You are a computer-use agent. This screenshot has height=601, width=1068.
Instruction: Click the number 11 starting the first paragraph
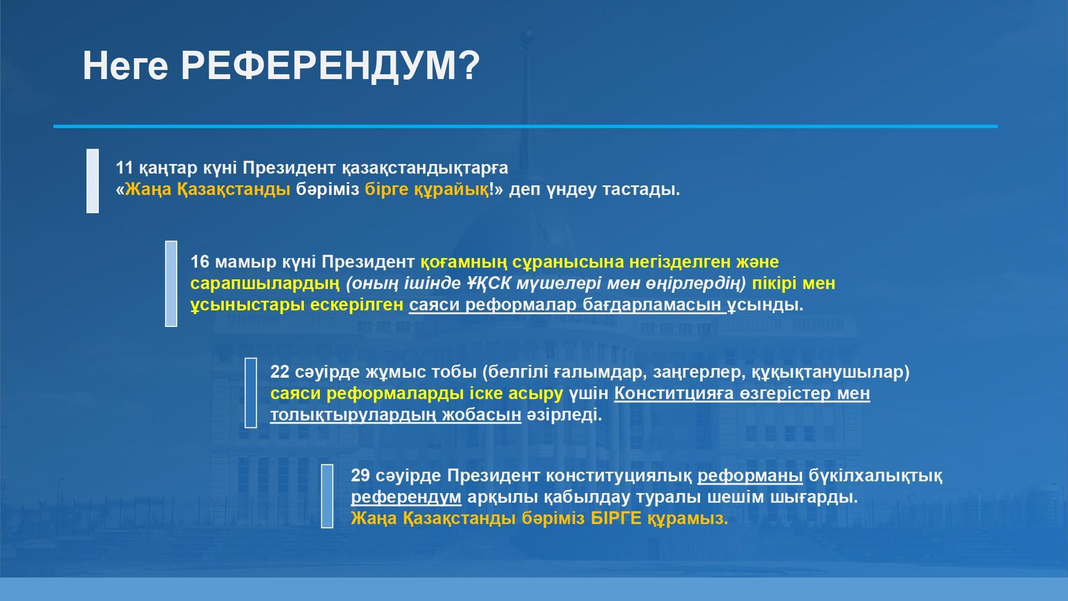click(124, 168)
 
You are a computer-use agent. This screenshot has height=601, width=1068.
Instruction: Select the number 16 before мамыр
click(200, 262)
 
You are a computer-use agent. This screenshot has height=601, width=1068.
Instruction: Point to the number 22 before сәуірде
click(280, 372)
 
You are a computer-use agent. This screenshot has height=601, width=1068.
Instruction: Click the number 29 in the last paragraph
click(360, 475)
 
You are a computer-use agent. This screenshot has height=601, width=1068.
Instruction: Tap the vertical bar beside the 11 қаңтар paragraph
click(92, 181)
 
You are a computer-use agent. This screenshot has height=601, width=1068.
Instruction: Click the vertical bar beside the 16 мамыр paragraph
click(171, 283)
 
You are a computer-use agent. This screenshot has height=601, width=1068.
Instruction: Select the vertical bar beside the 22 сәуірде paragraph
click(250, 393)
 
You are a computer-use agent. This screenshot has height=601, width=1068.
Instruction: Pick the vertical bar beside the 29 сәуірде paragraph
click(327, 496)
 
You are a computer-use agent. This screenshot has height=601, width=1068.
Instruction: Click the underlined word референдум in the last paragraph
click(406, 497)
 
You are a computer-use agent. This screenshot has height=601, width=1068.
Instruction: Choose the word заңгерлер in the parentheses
click(699, 372)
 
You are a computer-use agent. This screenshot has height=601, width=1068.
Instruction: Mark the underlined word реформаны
click(750, 476)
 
